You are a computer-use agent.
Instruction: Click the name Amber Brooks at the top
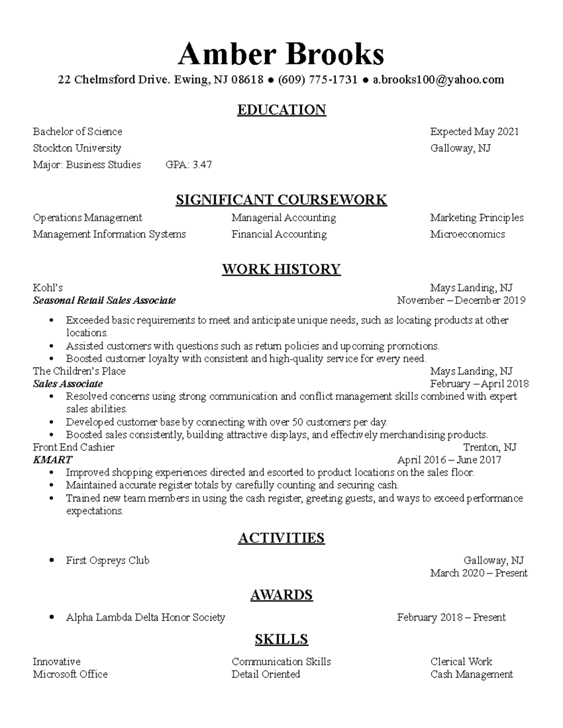pyautogui.click(x=281, y=54)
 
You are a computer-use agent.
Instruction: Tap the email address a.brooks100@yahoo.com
pyautogui.click(x=438, y=80)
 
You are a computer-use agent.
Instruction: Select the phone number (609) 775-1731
pyautogui.click(x=318, y=80)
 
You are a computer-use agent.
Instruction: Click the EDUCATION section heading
pyautogui.click(x=281, y=110)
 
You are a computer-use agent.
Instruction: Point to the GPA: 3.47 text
pyautogui.click(x=189, y=165)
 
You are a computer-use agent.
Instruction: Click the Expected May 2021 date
pyautogui.click(x=474, y=132)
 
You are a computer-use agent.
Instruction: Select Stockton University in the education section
pyautogui.click(x=77, y=148)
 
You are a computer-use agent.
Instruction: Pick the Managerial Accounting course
pyautogui.click(x=283, y=218)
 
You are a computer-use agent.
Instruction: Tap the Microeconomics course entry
pyautogui.click(x=467, y=234)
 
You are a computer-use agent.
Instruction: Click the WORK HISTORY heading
pyautogui.click(x=281, y=269)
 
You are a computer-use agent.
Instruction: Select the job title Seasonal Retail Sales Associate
pyautogui.click(x=104, y=300)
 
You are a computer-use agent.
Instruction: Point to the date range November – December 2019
pyautogui.click(x=461, y=300)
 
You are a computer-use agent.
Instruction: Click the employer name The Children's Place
pyautogui.click(x=79, y=371)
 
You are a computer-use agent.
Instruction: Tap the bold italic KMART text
pyautogui.click(x=53, y=460)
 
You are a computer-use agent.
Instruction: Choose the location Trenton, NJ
pyautogui.click(x=490, y=447)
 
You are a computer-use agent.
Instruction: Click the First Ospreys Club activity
pyautogui.click(x=107, y=561)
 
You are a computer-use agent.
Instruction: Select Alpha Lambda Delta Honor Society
pyautogui.click(x=145, y=617)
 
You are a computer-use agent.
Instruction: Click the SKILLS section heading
pyautogui.click(x=281, y=639)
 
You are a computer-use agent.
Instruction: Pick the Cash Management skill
pyautogui.click(x=472, y=675)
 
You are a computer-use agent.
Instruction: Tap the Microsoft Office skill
pyautogui.click(x=70, y=675)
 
